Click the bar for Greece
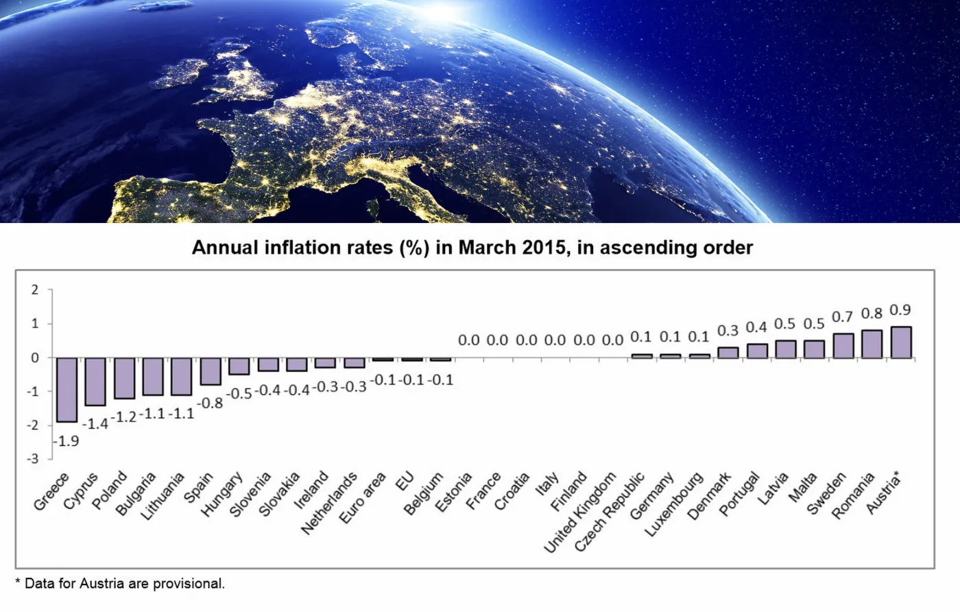tap(67, 389)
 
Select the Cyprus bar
tap(95, 381)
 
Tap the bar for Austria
tap(900, 342)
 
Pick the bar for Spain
tap(211, 371)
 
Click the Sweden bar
tap(843, 346)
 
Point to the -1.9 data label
tap(67, 441)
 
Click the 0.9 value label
tap(900, 310)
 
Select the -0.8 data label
tap(210, 403)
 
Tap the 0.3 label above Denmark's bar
tap(728, 331)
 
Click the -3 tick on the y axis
tap(34, 459)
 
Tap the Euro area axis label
tap(363, 498)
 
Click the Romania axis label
tap(853, 495)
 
